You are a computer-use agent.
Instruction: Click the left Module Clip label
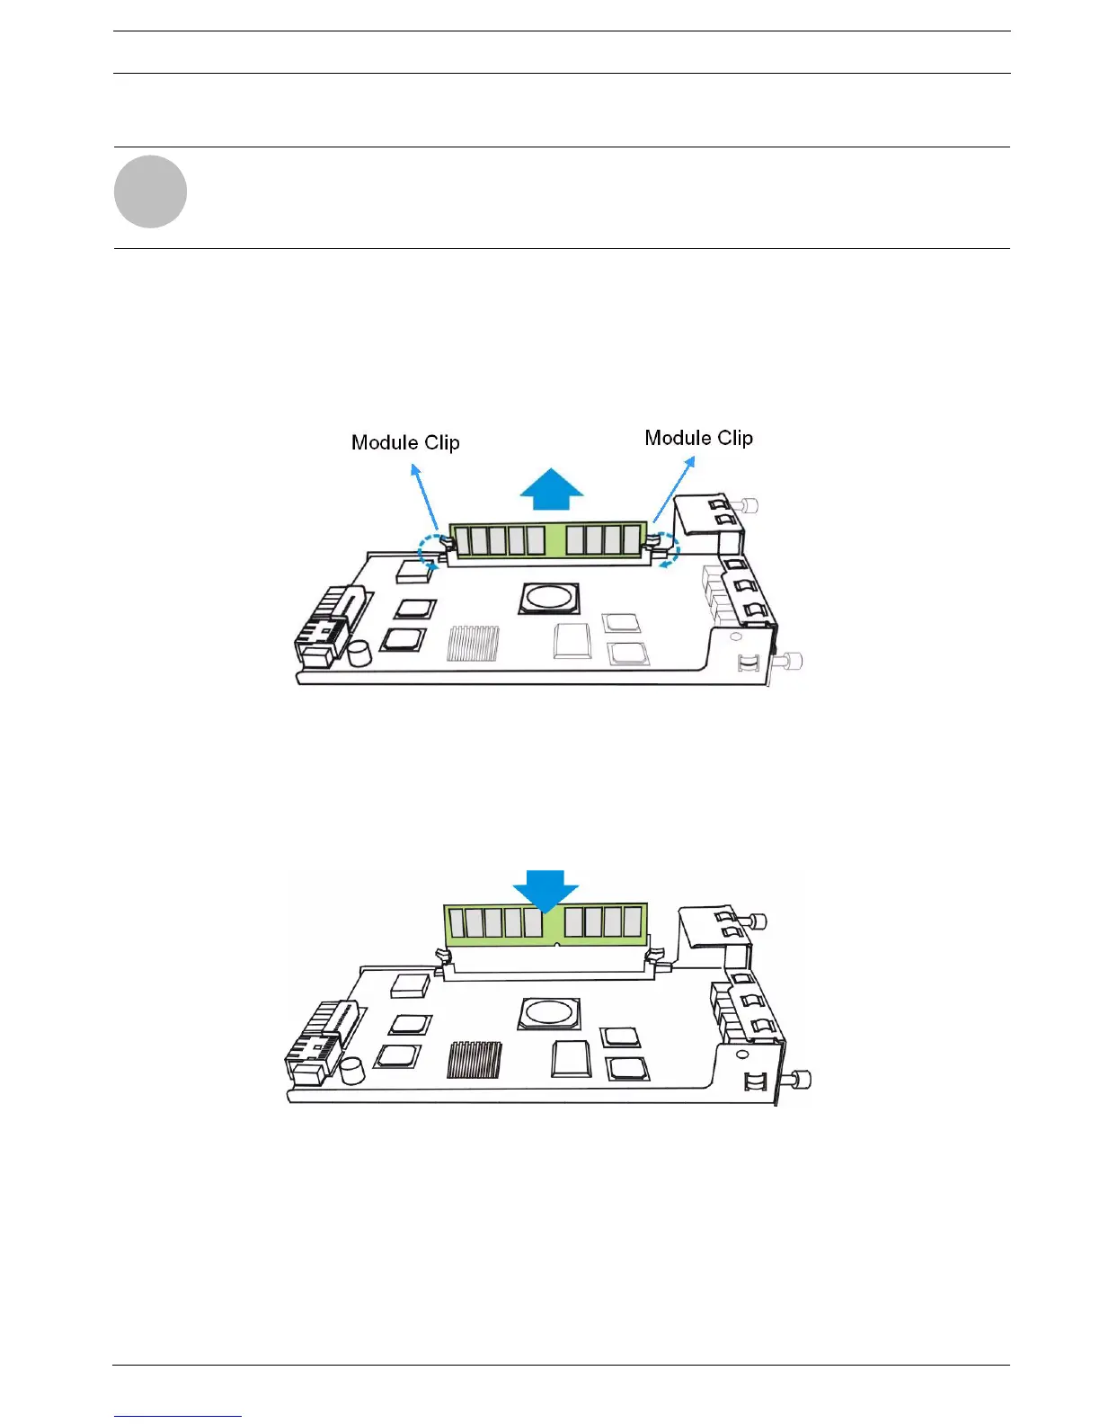405,442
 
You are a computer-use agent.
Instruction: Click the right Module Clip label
698,438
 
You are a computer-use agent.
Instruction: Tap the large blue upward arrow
552,490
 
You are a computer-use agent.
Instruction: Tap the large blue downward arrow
546,890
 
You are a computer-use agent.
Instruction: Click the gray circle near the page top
150,191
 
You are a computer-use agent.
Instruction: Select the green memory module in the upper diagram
548,540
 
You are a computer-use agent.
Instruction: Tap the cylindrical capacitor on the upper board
360,653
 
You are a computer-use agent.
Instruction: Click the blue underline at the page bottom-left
178,1416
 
